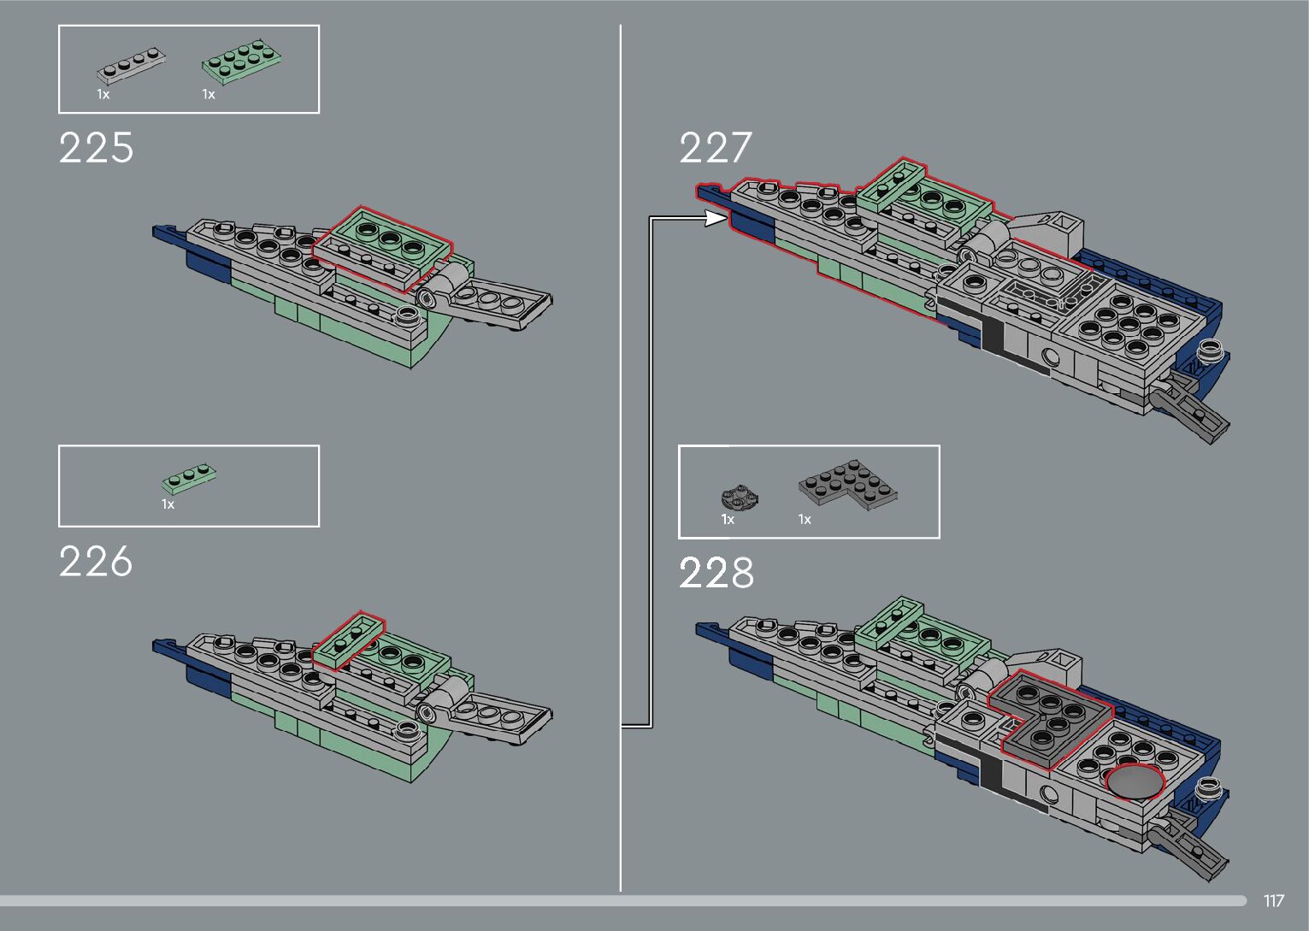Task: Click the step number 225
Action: (97, 148)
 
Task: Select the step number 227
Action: (716, 148)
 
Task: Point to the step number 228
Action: (716, 573)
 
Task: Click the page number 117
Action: (1273, 901)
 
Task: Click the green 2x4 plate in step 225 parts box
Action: (243, 63)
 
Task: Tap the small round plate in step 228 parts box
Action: (740, 497)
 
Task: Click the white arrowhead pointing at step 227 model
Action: (715, 219)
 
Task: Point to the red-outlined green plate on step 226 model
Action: (348, 640)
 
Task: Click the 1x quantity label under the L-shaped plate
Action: (805, 519)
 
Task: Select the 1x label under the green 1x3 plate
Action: (168, 504)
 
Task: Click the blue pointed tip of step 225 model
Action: (162, 232)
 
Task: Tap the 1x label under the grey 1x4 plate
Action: (103, 94)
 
